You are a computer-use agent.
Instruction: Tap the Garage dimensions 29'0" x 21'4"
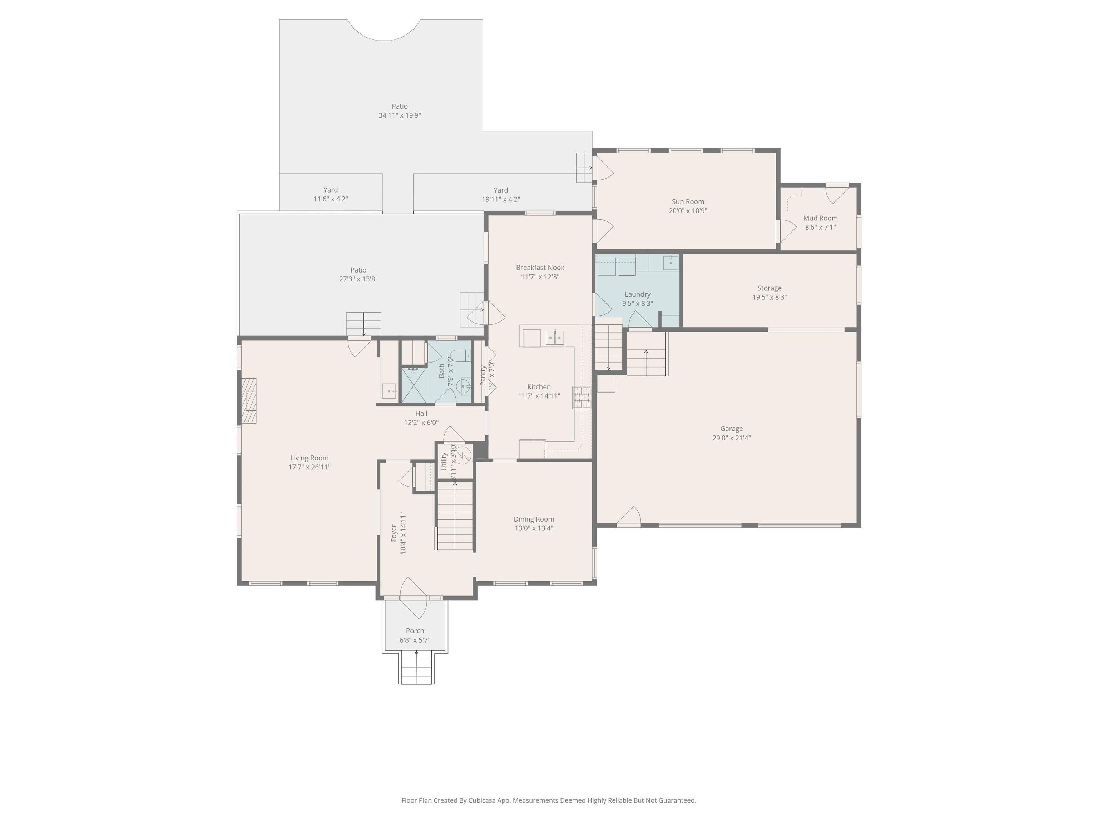pyautogui.click(x=731, y=438)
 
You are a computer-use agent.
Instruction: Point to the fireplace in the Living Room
pyautogui.click(x=249, y=401)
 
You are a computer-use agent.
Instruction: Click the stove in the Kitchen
pyautogui.click(x=582, y=397)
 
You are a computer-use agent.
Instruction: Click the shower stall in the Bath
pyautogui.click(x=414, y=384)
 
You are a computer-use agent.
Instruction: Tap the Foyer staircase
pyautogui.click(x=454, y=515)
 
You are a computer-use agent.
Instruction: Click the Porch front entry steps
pyautogui.click(x=416, y=668)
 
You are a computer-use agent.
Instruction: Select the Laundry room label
pyautogui.click(x=637, y=294)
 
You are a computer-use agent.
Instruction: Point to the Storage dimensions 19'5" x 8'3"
pyautogui.click(x=770, y=297)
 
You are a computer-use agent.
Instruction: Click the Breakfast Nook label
pyautogui.click(x=540, y=268)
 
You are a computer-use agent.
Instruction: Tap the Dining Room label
pyautogui.click(x=534, y=519)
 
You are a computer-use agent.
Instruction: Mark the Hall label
pyautogui.click(x=421, y=413)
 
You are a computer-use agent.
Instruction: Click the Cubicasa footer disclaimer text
pyautogui.click(x=549, y=800)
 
